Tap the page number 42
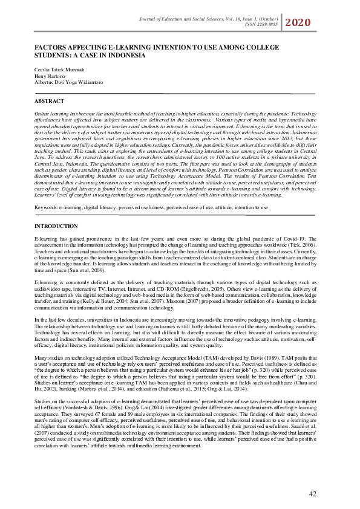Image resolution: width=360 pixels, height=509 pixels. point(313,494)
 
